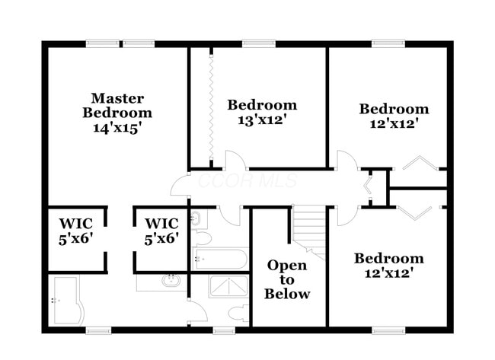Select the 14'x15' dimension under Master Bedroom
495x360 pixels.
coord(117,128)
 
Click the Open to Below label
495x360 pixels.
coord(287,279)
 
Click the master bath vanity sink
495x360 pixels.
coord(171,280)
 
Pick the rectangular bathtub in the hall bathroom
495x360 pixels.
coord(220,258)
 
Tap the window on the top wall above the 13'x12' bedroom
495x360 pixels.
coord(252,43)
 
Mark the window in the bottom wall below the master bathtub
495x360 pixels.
coord(98,330)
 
